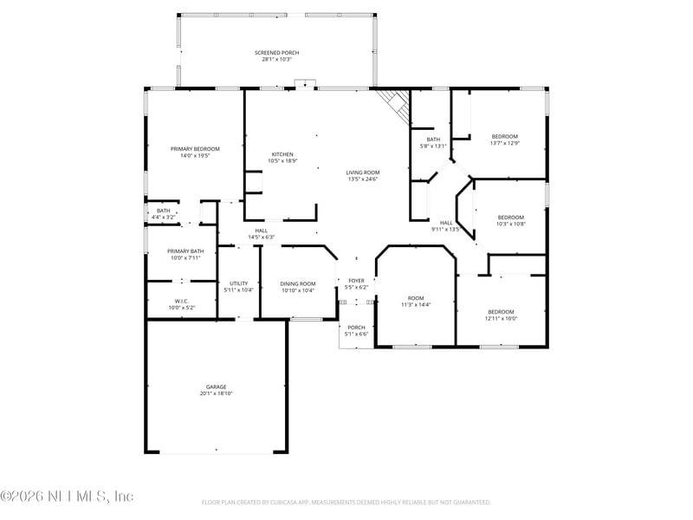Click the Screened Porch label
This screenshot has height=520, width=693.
click(x=276, y=53)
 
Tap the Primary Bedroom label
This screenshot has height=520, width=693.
click(x=194, y=149)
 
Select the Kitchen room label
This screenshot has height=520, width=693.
click(x=282, y=154)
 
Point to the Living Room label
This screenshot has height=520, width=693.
click(x=364, y=172)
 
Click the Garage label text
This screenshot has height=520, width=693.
click(x=216, y=387)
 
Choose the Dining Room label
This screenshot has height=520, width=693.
click(x=298, y=283)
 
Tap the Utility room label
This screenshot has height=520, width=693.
click(x=238, y=283)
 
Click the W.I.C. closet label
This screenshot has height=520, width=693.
click(x=181, y=301)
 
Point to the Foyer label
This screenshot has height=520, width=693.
click(x=356, y=281)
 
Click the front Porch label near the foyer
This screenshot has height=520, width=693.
click(x=356, y=328)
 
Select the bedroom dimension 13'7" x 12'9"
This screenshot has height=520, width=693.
click(x=505, y=143)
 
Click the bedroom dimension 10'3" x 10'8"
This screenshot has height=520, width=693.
click(x=510, y=224)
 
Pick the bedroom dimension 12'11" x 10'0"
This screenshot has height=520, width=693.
click(x=501, y=318)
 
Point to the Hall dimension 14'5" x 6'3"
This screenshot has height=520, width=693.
click(x=261, y=237)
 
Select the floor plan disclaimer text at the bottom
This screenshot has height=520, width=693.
click(x=346, y=502)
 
